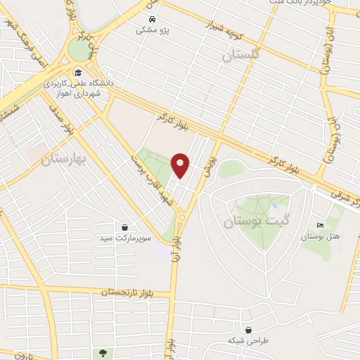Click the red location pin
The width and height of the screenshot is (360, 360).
coord(181,166)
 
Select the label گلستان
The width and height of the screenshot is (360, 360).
coord(240,55)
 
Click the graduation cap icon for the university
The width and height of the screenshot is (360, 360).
coord(78,72)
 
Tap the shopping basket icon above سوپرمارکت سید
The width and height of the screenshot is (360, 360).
coord(124,227)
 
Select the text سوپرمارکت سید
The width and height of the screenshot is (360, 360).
coord(124,239)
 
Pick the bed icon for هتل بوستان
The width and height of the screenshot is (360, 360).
coord(321,225)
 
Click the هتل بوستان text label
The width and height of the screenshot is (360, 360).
coord(321,236)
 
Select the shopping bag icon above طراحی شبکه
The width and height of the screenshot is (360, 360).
coord(248,328)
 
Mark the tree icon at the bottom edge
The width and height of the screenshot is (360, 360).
coord(103,352)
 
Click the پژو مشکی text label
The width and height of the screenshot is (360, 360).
coord(147,30)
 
